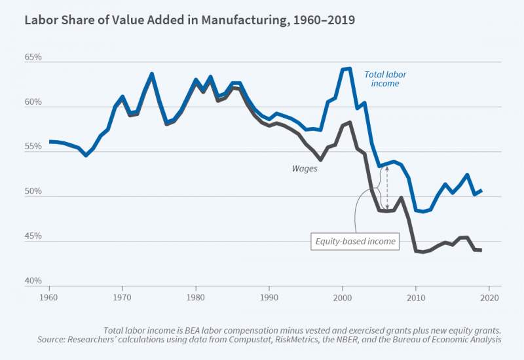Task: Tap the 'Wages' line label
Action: click(305, 168)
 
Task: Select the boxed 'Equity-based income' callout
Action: click(355, 242)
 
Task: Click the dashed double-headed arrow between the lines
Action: click(386, 187)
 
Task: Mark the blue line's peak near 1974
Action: click(152, 74)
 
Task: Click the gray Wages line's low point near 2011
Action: click(423, 252)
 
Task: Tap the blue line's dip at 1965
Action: click(86, 155)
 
